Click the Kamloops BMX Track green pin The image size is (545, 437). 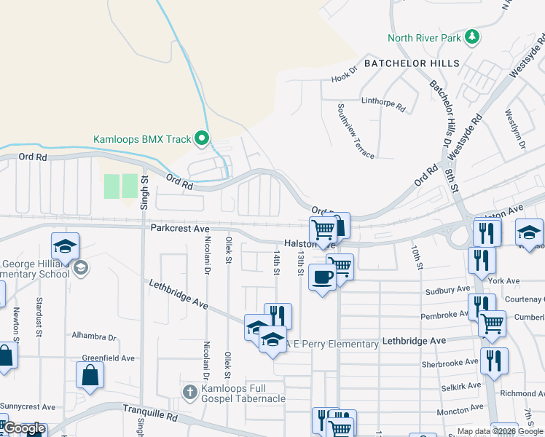pos(203,138)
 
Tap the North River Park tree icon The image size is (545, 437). pos(472,36)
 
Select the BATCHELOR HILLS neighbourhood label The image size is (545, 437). pos(412,63)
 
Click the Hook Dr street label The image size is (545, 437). pos(345,76)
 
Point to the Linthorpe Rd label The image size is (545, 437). pos(383,103)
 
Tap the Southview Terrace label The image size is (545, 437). pos(356,131)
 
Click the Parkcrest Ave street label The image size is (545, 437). pos(180,228)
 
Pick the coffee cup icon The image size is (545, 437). pos(322,277)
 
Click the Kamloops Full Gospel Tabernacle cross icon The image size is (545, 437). pos(189,393)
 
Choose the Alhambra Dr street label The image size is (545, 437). pos(94,337)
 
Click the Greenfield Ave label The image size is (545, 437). pos(108,358)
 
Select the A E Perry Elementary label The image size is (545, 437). pos(332,344)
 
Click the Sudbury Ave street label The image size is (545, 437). pos(447,290)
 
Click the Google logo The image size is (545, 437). pos(24,428)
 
